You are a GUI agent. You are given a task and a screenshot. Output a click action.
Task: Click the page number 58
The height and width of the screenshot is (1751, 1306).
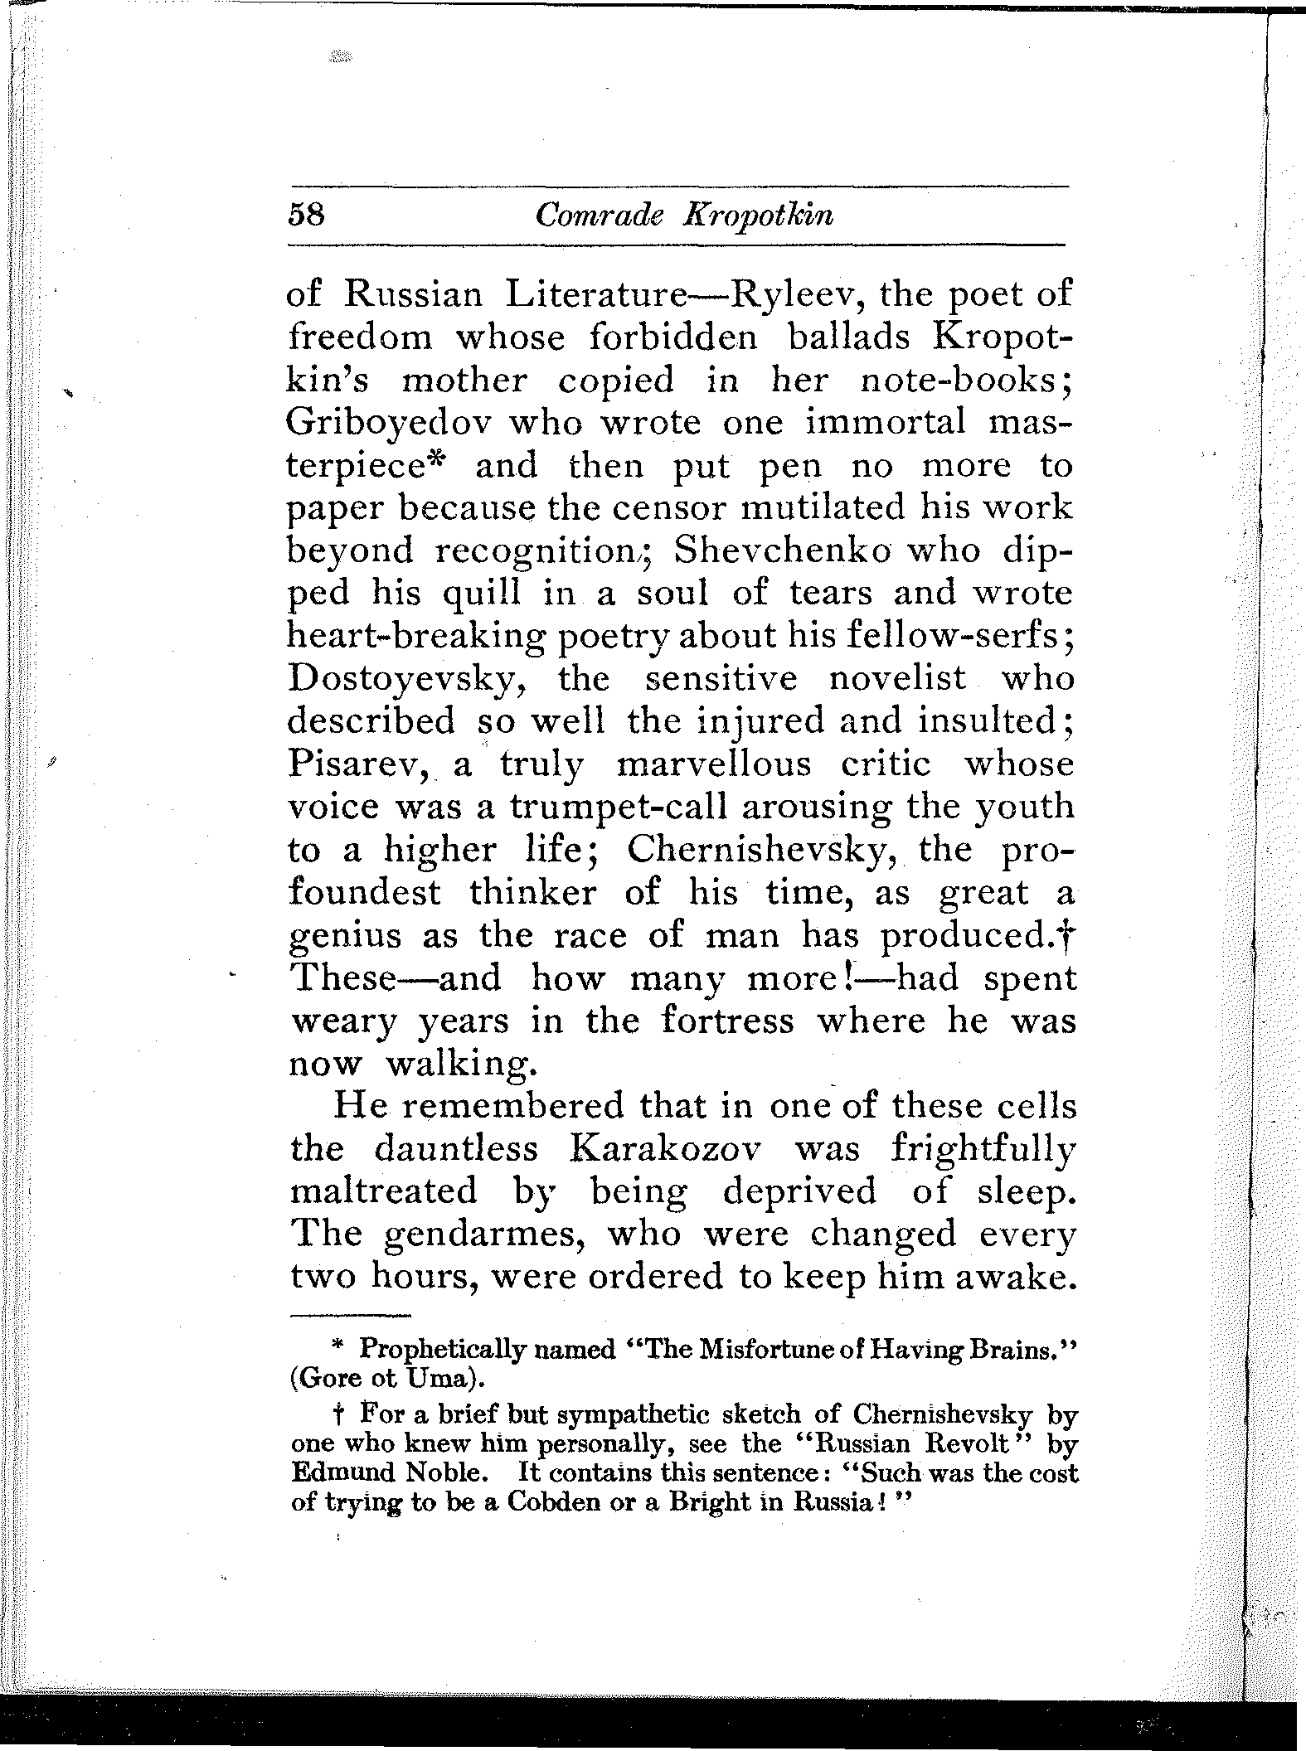305,216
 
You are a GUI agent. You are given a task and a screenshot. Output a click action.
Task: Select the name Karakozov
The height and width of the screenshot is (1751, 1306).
659,1149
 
